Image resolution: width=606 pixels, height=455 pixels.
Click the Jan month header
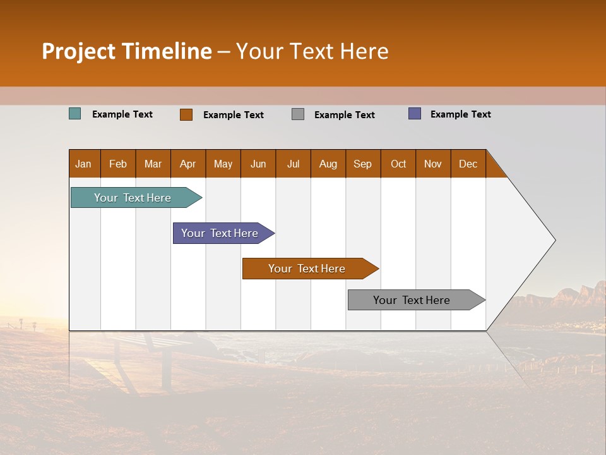[x=84, y=164]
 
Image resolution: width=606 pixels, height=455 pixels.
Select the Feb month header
[x=118, y=164]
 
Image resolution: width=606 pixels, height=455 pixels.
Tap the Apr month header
[x=188, y=164]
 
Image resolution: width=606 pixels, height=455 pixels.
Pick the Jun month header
[x=258, y=164]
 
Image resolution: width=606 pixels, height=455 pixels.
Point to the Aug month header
[x=328, y=164]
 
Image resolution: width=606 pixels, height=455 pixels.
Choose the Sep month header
[x=363, y=164]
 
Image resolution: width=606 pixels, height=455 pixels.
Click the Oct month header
[x=398, y=164]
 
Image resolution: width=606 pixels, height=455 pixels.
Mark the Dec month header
[x=468, y=164]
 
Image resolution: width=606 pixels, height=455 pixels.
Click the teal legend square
[x=75, y=114]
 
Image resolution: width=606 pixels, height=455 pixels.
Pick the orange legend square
[x=186, y=114]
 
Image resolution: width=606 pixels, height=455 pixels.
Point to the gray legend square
[x=298, y=114]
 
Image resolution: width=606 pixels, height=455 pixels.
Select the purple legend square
[x=415, y=114]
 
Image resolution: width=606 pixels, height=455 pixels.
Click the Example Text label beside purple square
[x=460, y=114]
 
